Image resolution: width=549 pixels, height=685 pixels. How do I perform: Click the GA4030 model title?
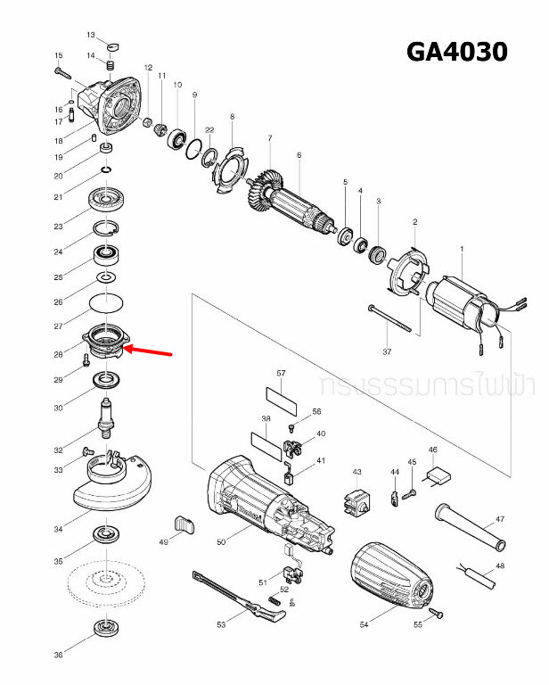456,52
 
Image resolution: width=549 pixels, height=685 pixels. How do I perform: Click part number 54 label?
364,625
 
